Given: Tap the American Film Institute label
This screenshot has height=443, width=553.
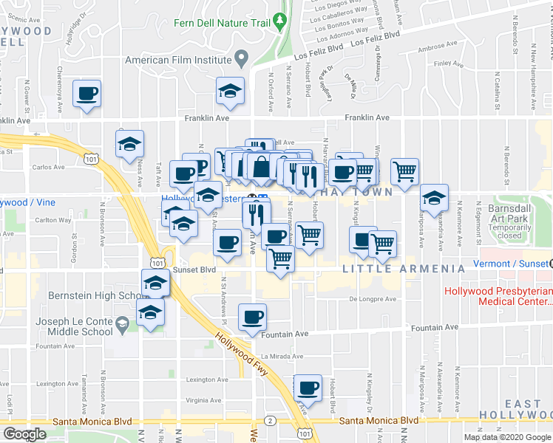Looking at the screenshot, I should (x=178, y=60).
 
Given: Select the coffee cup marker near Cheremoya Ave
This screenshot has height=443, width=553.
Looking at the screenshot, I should (x=86, y=95).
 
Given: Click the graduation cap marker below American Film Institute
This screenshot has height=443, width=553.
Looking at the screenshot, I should (x=230, y=92).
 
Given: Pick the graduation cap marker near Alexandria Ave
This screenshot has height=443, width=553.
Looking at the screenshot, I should (x=434, y=198).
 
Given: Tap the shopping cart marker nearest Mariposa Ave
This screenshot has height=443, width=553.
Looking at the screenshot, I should (x=404, y=171).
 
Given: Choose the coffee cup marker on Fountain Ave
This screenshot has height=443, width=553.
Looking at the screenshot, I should (x=253, y=317).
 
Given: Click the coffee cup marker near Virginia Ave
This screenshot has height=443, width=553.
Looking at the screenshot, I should (x=308, y=388).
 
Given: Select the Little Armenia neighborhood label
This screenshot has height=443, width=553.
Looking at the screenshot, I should (x=404, y=269).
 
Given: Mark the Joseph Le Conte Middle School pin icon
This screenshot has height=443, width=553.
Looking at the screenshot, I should (x=121, y=322).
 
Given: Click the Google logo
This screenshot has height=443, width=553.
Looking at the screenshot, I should (x=24, y=434).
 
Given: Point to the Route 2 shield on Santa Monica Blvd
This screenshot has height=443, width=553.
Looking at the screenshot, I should (x=271, y=420).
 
